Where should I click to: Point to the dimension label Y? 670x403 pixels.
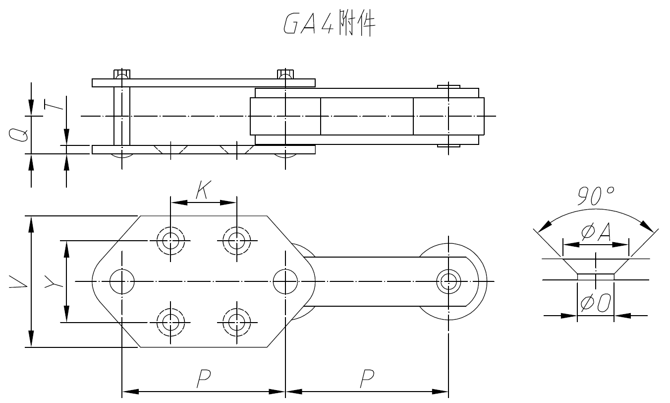pos(52,282)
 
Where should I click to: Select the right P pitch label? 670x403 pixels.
pos(366,379)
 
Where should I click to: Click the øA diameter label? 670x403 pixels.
pos(596,232)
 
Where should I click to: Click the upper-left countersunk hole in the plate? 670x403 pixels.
pos(170,241)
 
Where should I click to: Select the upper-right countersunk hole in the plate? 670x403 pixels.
pos(236,241)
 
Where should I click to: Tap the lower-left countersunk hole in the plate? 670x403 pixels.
pos(170,322)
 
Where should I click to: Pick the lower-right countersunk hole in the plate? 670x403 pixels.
pos(236,322)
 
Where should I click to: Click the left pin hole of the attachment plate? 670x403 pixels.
pos(122,281)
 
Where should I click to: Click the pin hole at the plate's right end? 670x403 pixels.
pos(285,281)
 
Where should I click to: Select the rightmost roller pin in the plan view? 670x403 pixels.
pos(448,281)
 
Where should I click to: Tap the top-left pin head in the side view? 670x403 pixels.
pos(122,74)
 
